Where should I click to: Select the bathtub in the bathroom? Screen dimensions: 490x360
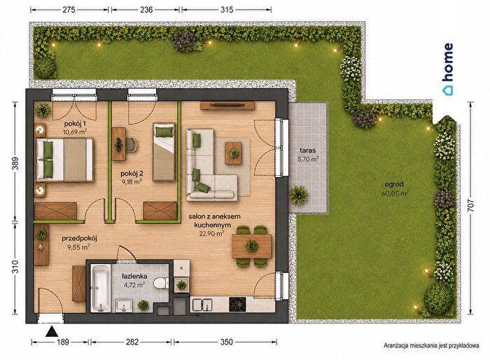click(x=100, y=288)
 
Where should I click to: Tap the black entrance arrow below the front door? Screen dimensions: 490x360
click(x=52, y=331)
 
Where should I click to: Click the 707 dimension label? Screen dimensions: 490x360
click(x=471, y=205)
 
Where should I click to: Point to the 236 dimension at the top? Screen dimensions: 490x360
click(x=146, y=10)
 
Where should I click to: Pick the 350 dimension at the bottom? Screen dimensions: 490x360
click(x=226, y=342)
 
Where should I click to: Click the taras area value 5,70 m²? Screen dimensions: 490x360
click(x=308, y=159)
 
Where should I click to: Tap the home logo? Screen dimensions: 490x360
click(x=447, y=69)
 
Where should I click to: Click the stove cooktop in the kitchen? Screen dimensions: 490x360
click(x=237, y=305)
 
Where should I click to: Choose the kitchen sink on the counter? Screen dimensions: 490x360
click(x=202, y=305)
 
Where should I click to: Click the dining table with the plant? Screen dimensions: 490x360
click(x=251, y=246)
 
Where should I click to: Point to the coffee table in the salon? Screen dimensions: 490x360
click(x=233, y=153)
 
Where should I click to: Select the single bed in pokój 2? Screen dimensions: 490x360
click(x=164, y=152)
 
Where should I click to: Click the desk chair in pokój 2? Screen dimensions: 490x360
click(x=132, y=144)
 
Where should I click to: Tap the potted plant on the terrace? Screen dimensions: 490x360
click(x=299, y=195)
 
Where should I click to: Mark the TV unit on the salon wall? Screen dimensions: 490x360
click(x=227, y=105)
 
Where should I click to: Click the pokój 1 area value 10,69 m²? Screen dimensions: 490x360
click(x=75, y=132)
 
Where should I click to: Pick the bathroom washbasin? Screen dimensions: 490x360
click(x=124, y=305)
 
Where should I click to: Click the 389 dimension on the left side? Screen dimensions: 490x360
click(x=15, y=163)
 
